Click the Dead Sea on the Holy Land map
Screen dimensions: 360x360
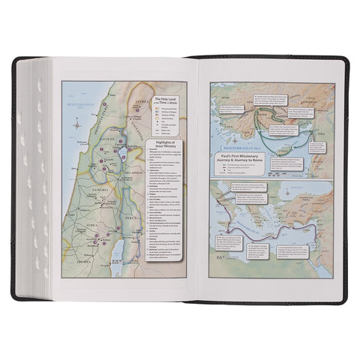point(109,234)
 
